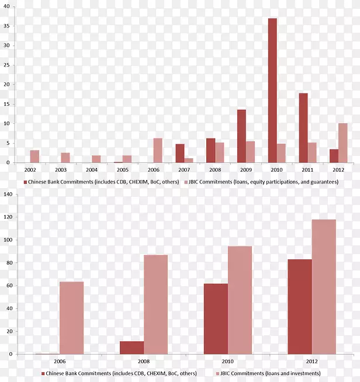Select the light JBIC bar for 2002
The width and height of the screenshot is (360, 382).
coord(34,157)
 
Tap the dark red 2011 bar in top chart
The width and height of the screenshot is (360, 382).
coord(303,128)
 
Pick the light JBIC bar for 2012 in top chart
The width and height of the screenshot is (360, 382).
coord(342,143)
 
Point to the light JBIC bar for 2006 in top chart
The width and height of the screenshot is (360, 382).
coord(158,151)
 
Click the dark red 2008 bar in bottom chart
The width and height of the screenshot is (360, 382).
coord(132,348)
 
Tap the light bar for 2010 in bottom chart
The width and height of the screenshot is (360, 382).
coord(240,300)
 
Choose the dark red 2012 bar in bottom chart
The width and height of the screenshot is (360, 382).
coord(299,307)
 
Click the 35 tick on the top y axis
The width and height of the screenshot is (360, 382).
coord(6,26)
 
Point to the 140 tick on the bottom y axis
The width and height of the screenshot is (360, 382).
coord(8,195)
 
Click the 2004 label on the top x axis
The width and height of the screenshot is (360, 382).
coord(91,169)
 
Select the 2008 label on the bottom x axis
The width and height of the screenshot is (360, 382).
coord(143,362)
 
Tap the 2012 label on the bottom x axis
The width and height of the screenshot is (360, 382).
coord(311,362)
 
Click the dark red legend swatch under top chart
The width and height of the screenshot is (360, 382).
coord(25,182)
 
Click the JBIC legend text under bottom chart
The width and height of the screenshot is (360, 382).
coord(271,373)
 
